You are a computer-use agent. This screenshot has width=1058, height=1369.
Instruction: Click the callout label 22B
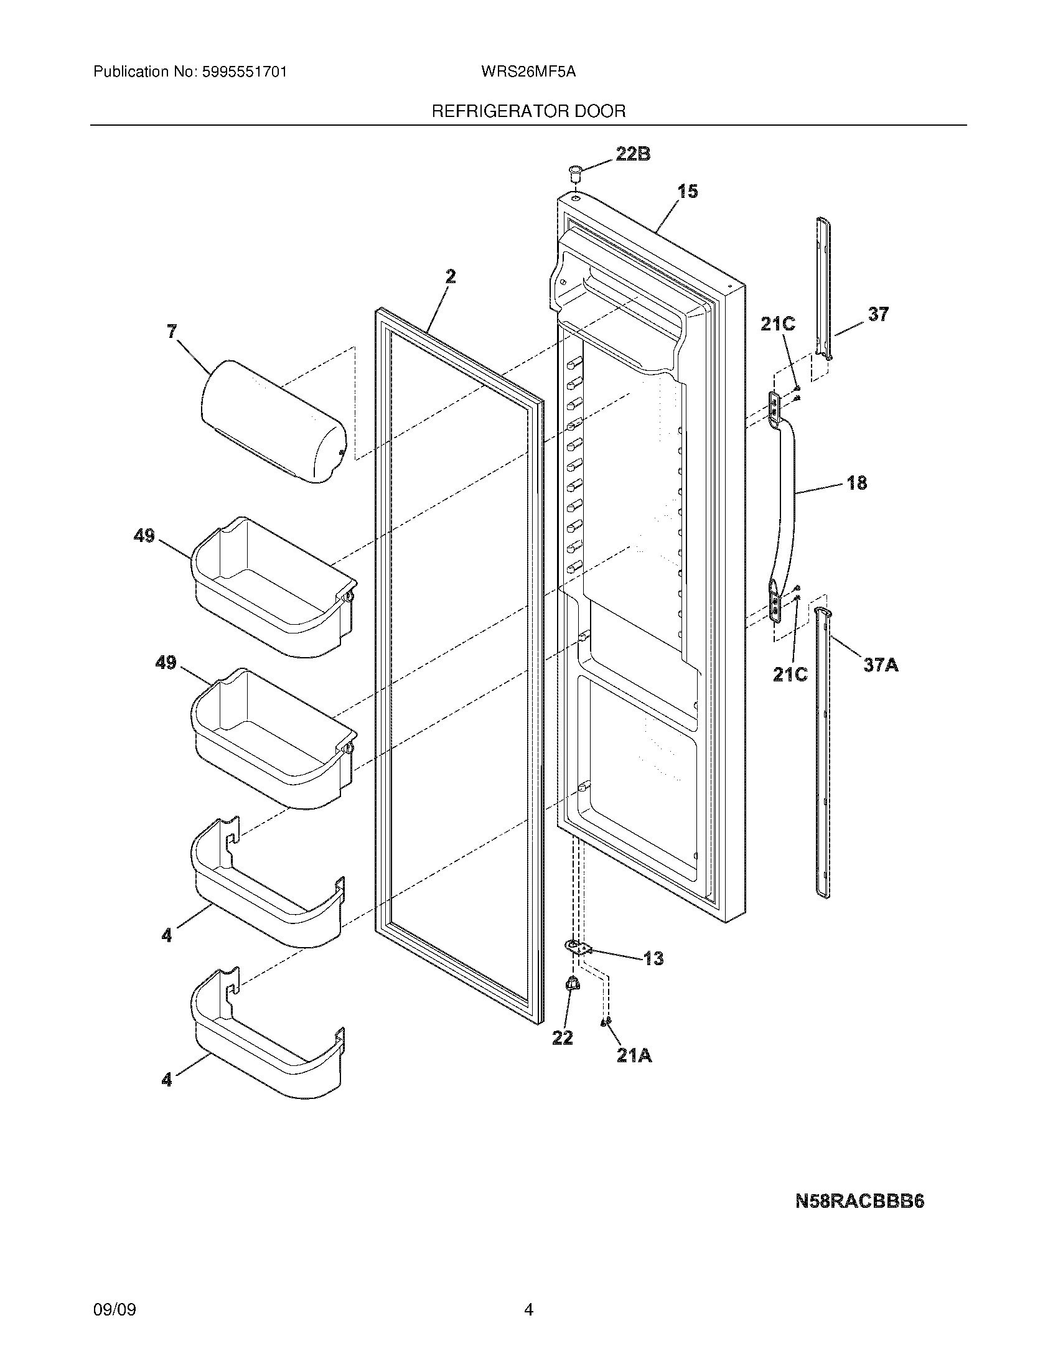632,154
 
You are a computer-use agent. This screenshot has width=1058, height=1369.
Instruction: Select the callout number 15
688,191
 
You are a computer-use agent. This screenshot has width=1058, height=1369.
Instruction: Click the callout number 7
172,332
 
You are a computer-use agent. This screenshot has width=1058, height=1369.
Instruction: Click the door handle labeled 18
785,502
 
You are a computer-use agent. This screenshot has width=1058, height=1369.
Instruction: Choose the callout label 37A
881,665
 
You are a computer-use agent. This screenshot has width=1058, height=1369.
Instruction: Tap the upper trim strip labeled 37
824,288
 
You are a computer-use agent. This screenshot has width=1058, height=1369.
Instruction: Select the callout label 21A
634,1055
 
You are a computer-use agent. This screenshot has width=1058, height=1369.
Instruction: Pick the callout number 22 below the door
562,1038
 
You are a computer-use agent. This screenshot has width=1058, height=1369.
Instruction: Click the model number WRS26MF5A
528,72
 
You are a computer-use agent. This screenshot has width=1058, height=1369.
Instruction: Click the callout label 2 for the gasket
450,276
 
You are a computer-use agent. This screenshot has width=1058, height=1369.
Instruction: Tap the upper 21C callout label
778,324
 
